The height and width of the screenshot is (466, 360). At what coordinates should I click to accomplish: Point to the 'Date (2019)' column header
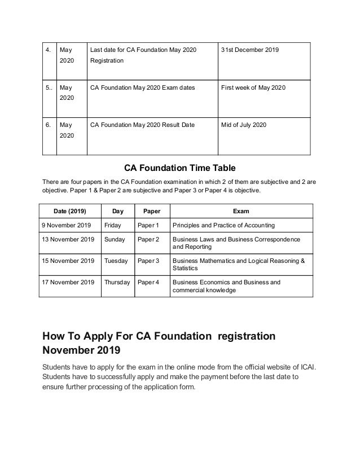tap(67, 212)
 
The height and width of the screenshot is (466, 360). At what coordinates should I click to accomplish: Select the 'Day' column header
tap(118, 212)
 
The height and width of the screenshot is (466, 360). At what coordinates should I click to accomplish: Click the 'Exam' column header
tap(241, 212)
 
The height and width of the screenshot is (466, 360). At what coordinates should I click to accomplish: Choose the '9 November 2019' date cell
tap(66, 226)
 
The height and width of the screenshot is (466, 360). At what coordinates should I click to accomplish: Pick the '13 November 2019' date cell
tap(68, 240)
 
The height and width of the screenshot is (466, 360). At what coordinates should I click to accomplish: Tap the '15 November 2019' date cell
tap(68, 261)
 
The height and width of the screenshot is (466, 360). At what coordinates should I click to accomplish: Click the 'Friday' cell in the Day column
tap(113, 226)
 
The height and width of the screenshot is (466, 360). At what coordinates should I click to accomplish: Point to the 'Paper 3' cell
tap(150, 261)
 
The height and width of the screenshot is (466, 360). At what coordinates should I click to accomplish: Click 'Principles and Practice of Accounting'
tap(223, 226)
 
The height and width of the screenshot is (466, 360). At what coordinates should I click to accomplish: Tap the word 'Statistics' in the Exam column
tap(186, 269)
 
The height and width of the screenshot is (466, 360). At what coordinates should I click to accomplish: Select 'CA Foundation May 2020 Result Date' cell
tap(142, 125)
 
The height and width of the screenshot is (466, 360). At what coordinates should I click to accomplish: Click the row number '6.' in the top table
tap(49, 125)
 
